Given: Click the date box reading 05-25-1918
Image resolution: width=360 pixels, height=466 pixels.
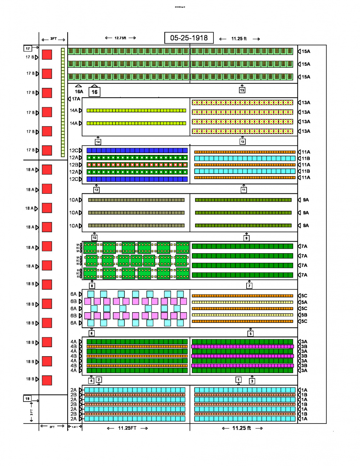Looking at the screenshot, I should pos(189,38).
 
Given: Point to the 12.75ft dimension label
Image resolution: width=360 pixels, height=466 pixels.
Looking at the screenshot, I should pos(120,38).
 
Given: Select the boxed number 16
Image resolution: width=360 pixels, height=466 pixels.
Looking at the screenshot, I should pos(94,92).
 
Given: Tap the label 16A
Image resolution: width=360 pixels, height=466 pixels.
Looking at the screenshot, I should pos(79,91).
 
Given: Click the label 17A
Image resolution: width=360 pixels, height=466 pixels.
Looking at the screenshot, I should pos(76,99).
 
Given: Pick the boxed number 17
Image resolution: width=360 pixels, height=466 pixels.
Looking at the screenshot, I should pos(28,48).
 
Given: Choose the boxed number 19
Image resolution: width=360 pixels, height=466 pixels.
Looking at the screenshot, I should pos(27,399).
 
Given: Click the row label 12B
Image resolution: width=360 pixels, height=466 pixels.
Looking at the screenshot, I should pos(73,165).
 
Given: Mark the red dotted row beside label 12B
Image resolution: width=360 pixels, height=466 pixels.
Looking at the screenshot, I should pos(137,165).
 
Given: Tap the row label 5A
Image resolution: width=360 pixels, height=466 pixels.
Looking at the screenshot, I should pos(304,302).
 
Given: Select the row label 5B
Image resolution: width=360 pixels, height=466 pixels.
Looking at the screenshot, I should pos(304,315).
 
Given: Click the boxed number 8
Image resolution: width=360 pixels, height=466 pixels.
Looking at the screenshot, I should pos(92,286).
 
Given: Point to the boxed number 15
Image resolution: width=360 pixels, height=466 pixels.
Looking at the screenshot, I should pos(242,90).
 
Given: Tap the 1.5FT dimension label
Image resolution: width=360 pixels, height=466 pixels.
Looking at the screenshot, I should pos(75,427).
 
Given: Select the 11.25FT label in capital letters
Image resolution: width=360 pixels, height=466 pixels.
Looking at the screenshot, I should pos(127,428).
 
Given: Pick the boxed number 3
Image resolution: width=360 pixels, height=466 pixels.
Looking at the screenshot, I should pos(252,381).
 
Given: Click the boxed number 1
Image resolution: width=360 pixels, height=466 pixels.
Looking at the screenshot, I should pos(238,380).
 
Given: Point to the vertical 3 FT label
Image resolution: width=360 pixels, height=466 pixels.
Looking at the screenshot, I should pos(31,412).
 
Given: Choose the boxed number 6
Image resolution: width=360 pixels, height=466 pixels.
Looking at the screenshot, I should pos(91,333).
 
